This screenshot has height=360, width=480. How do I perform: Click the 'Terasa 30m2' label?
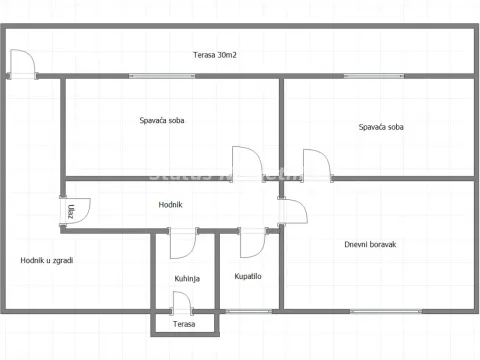(x=215, y=55)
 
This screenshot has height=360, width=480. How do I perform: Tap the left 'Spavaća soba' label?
(x=161, y=120)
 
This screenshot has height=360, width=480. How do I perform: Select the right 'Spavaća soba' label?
(x=381, y=127)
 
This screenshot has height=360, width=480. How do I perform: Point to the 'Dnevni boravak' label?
(x=370, y=243)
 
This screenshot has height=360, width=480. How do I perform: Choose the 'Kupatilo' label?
(x=248, y=277)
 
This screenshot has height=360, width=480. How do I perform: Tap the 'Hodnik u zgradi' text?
(x=46, y=260)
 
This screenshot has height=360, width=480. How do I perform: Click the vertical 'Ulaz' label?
(x=72, y=211)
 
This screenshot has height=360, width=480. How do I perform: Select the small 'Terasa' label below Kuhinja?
(x=183, y=324)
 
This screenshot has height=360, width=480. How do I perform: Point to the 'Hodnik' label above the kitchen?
(x=170, y=205)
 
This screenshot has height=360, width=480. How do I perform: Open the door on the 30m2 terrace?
(x=23, y=64)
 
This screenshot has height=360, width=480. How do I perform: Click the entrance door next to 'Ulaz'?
(x=75, y=212)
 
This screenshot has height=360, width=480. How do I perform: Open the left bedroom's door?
(x=246, y=164)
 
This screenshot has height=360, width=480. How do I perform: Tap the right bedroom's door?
(x=316, y=165)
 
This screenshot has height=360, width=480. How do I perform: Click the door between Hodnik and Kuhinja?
(x=182, y=243)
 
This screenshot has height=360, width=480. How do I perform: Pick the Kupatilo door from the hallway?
(x=252, y=243)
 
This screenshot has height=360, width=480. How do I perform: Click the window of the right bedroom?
(x=371, y=76)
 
